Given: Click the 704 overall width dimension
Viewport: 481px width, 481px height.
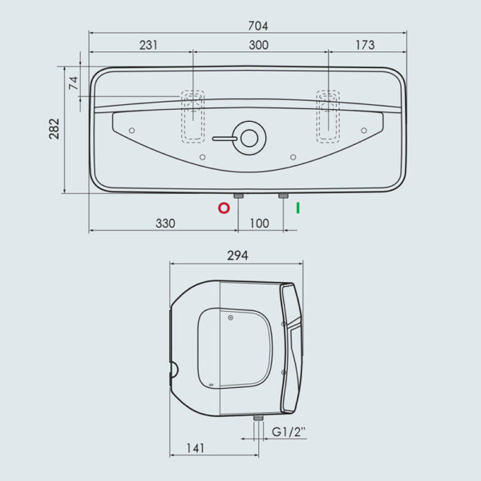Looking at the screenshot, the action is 258,26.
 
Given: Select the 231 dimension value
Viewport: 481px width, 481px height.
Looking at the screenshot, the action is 148,45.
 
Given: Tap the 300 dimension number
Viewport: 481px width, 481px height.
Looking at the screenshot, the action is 259,45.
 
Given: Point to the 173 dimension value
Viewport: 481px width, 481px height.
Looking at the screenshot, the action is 365,45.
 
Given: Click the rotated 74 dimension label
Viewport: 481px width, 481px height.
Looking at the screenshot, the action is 74,83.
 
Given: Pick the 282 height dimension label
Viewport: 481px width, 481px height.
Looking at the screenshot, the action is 55,129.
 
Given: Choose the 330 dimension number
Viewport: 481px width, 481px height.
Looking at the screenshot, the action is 165,224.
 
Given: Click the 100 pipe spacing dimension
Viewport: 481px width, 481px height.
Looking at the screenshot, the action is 259,224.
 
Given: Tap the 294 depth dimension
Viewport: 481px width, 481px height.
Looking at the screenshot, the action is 238,256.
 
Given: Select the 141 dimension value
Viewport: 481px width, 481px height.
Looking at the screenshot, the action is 196,448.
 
